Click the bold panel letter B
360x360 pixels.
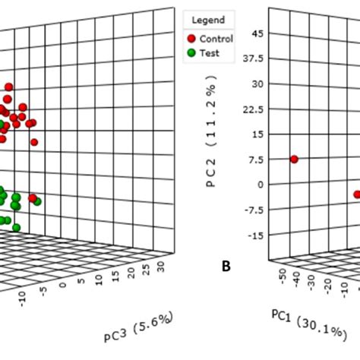[226, 267]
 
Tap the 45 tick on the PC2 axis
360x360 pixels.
[258, 34]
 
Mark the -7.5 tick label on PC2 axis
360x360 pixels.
[256, 210]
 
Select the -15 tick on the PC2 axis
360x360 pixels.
[257, 235]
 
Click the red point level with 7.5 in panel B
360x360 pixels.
[294, 159]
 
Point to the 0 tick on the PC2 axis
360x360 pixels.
[262, 185]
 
